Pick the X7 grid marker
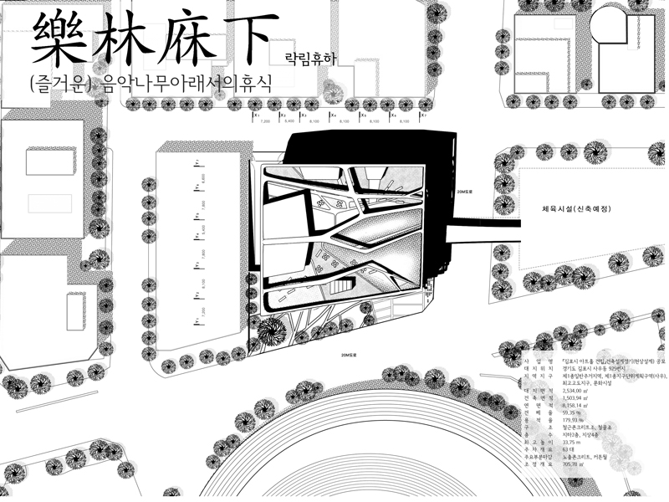pos(424,115)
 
